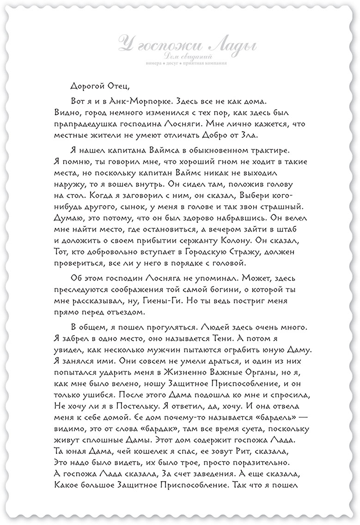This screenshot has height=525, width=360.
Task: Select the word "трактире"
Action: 267,152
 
